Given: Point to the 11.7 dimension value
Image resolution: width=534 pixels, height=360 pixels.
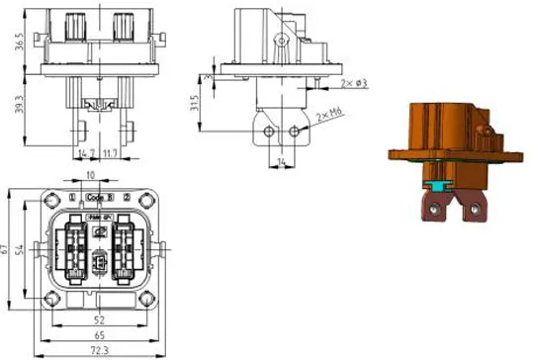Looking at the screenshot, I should [112, 153].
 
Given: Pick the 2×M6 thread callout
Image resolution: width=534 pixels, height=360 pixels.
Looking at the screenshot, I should [330, 117].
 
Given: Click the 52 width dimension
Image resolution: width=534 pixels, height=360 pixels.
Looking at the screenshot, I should [98, 320].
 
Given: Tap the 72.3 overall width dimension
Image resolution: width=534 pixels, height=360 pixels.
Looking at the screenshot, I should [98, 351].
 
